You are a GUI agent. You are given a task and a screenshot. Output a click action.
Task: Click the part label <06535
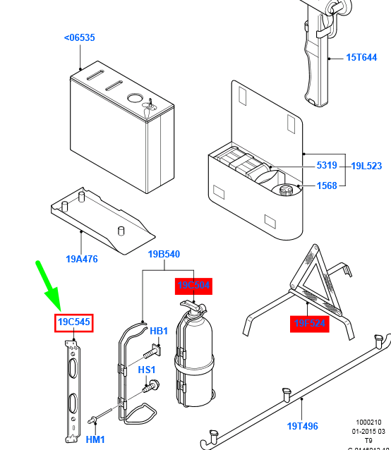(x=79, y=37)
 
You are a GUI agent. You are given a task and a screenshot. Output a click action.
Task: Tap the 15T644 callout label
(x=361, y=58)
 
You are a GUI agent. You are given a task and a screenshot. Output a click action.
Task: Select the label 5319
(x=327, y=166)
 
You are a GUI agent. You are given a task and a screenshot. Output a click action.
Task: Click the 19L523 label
(x=366, y=166)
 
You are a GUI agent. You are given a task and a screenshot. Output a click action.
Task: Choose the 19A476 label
(x=82, y=259)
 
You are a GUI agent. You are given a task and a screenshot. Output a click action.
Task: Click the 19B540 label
(x=164, y=254)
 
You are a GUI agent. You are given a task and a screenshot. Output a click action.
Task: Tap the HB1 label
(x=159, y=331)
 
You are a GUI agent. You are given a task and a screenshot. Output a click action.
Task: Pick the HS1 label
(x=147, y=370)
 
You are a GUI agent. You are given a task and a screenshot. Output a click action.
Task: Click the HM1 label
(x=95, y=439)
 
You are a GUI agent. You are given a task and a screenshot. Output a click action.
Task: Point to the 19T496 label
(x=303, y=425)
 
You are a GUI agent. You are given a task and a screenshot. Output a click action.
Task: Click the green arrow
(x=47, y=286)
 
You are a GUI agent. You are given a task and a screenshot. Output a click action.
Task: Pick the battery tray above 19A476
(x=102, y=222)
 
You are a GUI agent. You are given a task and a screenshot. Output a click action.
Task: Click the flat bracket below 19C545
(x=73, y=388)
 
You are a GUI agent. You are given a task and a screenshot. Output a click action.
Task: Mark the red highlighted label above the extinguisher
(x=193, y=286)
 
